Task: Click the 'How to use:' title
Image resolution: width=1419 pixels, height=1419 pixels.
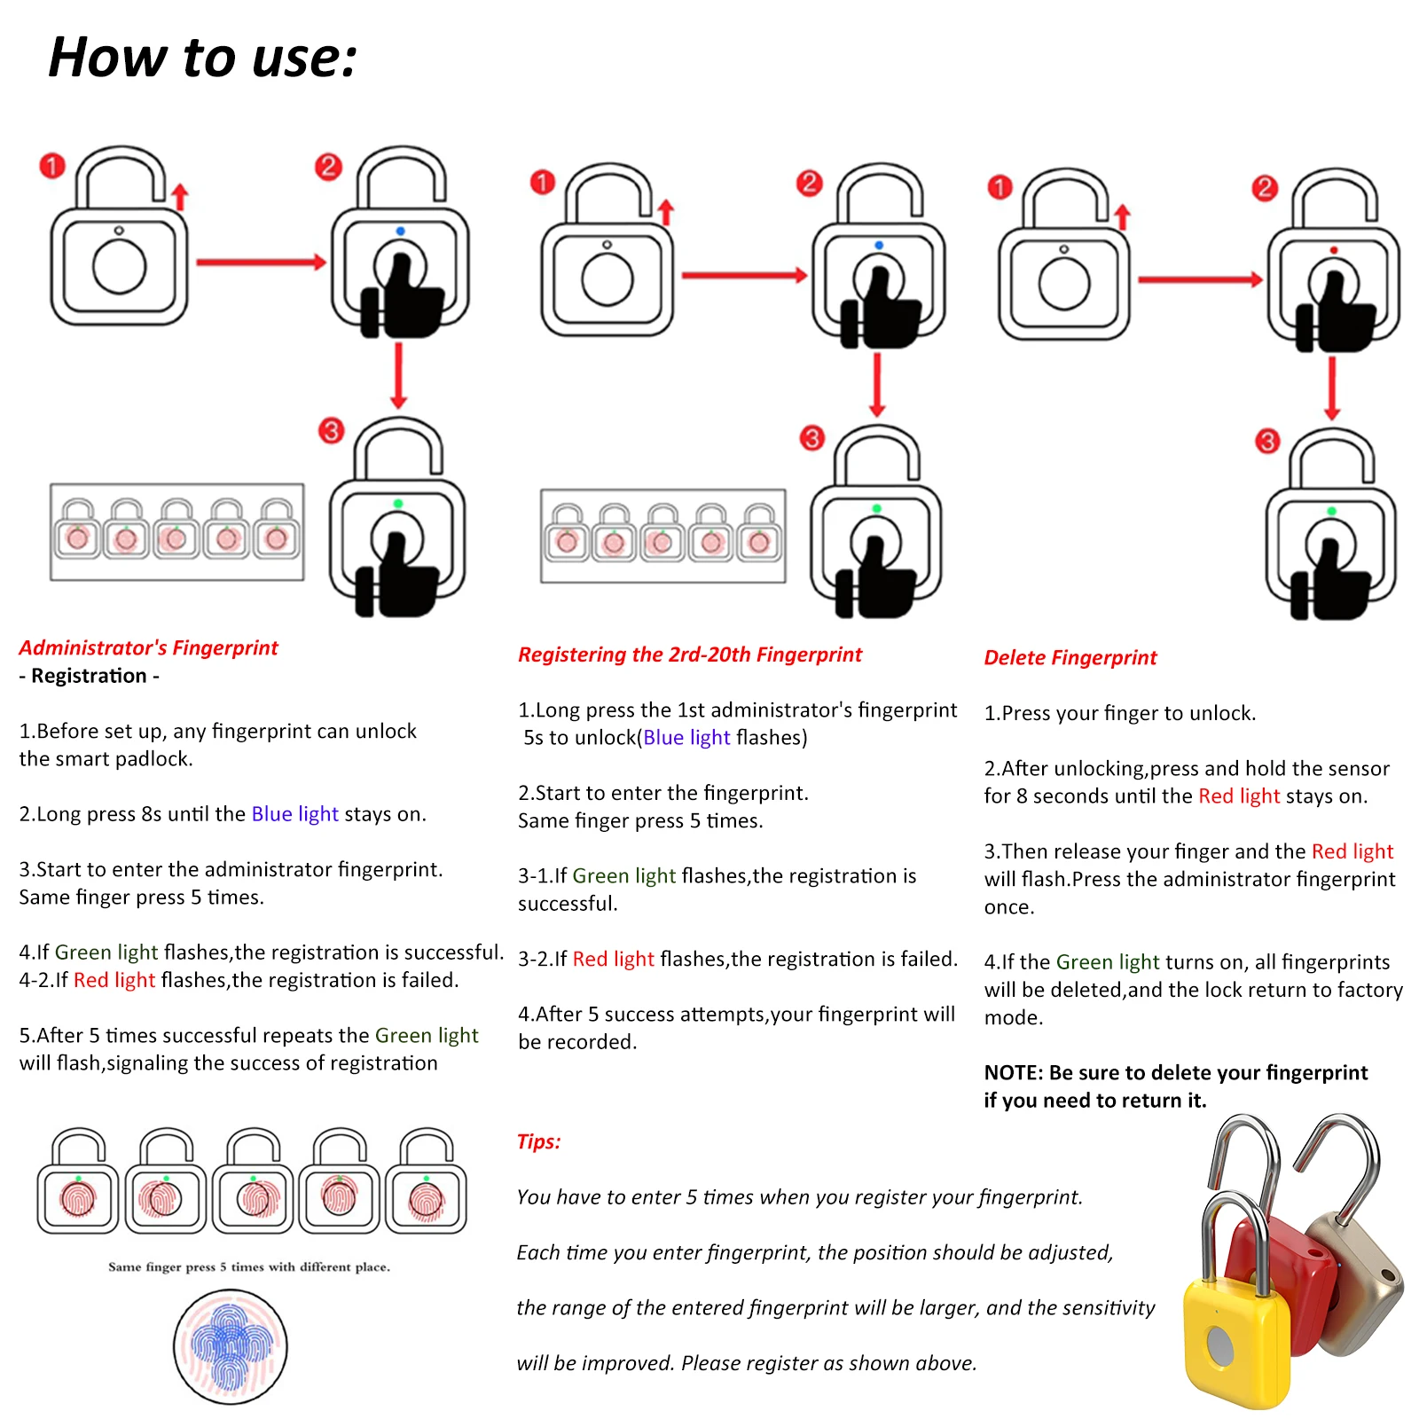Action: tap(202, 58)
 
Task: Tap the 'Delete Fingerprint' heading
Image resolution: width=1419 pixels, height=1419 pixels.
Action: tap(1070, 657)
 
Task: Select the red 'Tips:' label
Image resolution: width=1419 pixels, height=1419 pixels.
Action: tap(538, 1141)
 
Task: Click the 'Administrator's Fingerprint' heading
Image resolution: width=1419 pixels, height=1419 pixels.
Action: tap(148, 647)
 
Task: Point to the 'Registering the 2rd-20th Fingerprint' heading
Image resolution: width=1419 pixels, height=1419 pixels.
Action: tap(689, 655)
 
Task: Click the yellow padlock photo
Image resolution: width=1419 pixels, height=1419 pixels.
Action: tap(1236, 1330)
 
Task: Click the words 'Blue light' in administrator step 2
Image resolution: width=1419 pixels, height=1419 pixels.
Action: tap(294, 814)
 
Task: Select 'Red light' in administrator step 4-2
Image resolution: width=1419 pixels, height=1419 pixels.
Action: tap(114, 980)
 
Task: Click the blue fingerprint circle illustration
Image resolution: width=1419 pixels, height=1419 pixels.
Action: tap(231, 1345)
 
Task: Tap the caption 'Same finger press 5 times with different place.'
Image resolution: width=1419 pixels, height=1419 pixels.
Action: tap(249, 1266)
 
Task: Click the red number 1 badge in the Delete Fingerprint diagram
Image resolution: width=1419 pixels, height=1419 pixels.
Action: tap(1000, 187)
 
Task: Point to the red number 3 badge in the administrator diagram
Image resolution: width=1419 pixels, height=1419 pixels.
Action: tap(331, 431)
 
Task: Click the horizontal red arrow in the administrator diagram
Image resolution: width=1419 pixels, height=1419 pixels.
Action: tap(261, 263)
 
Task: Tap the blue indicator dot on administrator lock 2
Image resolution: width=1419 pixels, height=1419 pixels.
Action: tap(400, 231)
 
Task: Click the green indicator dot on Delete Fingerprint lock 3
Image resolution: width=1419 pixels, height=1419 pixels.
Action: tap(1331, 512)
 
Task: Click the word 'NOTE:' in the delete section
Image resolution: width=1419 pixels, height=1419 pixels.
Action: tap(1014, 1073)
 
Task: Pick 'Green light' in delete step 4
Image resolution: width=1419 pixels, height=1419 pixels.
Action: tap(1108, 962)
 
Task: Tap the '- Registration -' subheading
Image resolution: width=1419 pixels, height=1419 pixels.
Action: tap(89, 676)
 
